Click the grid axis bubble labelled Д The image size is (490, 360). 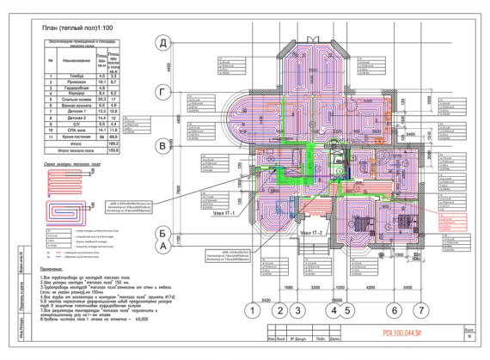tap(160, 42)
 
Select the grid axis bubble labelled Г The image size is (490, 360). tap(160, 89)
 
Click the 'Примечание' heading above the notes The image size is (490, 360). tap(57, 267)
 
